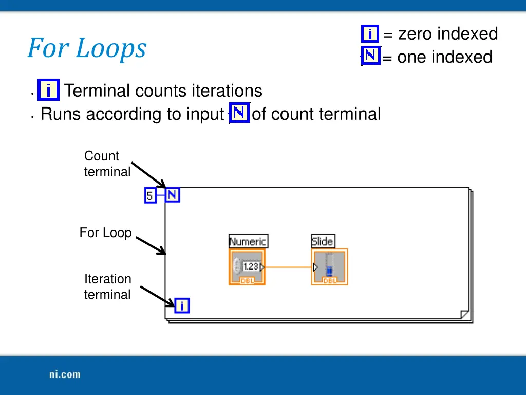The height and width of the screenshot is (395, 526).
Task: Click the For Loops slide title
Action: (87, 48)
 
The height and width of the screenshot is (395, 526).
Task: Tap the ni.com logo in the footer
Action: (65, 374)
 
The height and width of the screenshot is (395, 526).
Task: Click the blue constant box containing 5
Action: (150, 195)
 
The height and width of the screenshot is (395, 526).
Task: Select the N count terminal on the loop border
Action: (173, 195)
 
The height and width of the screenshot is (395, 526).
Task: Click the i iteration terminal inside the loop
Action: (182, 306)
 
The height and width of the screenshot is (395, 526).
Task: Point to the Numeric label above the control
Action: (248, 241)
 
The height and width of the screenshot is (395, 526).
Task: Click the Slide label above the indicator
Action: (323, 241)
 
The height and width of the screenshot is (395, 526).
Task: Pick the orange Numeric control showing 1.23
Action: (247, 267)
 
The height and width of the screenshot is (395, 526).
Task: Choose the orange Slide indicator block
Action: (329, 267)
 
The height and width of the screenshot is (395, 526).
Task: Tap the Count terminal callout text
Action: (107, 164)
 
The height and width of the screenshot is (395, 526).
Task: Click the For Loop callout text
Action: (105, 233)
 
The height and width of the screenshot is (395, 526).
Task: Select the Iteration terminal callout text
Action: (107, 287)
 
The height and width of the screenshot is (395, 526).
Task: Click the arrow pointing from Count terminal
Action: (149, 175)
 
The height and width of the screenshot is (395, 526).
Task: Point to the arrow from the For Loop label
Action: (151, 245)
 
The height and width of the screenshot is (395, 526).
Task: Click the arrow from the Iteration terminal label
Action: (158, 297)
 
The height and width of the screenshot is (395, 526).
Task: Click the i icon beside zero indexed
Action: (370, 34)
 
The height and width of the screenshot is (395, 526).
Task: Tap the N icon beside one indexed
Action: (371, 56)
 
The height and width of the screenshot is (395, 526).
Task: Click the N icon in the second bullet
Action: (239, 113)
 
